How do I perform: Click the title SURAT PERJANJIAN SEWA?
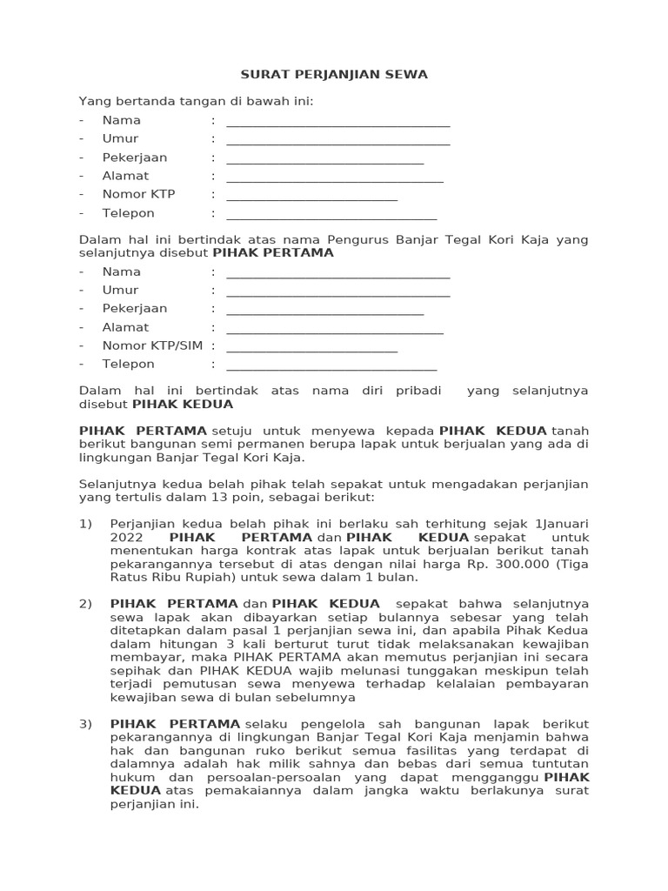pyautogui.click(x=334, y=75)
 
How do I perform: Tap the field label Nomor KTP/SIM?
pyautogui.click(x=152, y=345)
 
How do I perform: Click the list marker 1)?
pyautogui.click(x=85, y=524)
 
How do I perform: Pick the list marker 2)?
pyautogui.click(x=85, y=604)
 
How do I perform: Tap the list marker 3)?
pyautogui.click(x=85, y=724)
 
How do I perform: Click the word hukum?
pyautogui.click(x=97, y=777)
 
